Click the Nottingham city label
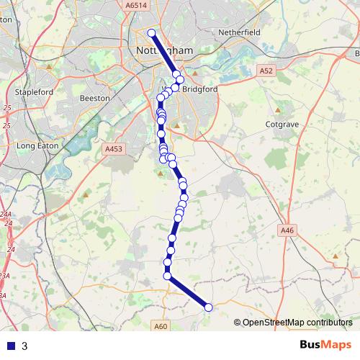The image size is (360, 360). (164, 51)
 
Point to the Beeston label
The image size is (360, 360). (94, 97)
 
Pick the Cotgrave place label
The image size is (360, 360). (282, 124)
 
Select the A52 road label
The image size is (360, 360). (266, 71)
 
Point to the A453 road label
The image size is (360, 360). (114, 149)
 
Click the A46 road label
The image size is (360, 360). (287, 230)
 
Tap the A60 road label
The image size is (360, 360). (161, 326)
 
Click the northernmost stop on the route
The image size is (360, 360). (151, 33)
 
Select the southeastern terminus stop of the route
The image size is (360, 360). (209, 307)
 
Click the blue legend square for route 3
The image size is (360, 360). (11, 346)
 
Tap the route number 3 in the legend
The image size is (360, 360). (25, 346)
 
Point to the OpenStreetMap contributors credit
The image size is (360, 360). (297, 322)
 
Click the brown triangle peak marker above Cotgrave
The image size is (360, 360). (278, 109)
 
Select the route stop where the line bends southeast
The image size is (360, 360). (167, 276)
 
